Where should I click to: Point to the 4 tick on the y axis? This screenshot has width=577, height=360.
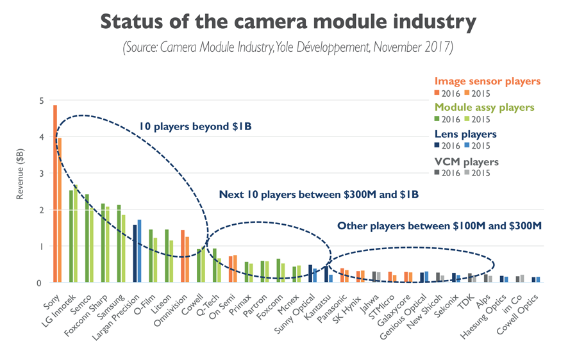(40, 137)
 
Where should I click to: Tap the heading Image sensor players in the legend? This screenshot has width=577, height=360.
(487, 81)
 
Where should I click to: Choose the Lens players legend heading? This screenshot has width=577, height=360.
(465, 135)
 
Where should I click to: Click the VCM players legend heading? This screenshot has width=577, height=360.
(466, 162)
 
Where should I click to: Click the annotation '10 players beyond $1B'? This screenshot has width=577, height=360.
(195, 127)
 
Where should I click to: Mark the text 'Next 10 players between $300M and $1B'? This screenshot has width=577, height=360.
(319, 194)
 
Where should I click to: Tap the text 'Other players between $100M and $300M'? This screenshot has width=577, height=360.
(439, 225)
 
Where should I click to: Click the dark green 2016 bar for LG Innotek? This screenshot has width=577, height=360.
(71, 236)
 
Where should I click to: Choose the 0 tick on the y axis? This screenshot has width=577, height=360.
(40, 282)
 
